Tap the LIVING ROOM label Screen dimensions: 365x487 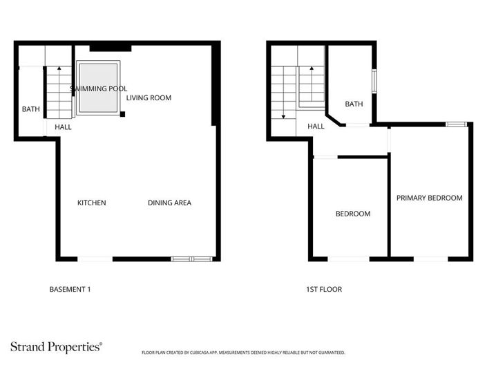(149, 97)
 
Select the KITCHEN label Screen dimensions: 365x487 (91, 203)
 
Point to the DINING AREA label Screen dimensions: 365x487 (169, 203)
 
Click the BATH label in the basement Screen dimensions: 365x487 (30, 109)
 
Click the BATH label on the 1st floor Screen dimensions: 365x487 (354, 104)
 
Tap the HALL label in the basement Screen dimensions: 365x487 (63, 127)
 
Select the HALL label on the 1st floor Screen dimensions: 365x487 (316, 127)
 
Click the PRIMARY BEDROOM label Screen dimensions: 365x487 (429, 198)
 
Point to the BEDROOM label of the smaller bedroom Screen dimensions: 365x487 (352, 214)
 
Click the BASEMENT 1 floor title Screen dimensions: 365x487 (70, 289)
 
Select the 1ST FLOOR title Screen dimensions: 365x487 (324, 289)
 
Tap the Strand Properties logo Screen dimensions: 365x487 (56, 346)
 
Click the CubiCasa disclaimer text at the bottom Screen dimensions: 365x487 (242, 353)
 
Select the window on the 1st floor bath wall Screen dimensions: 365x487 (374, 80)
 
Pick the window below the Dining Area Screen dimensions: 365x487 (193, 259)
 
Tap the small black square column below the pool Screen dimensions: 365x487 (122, 113)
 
